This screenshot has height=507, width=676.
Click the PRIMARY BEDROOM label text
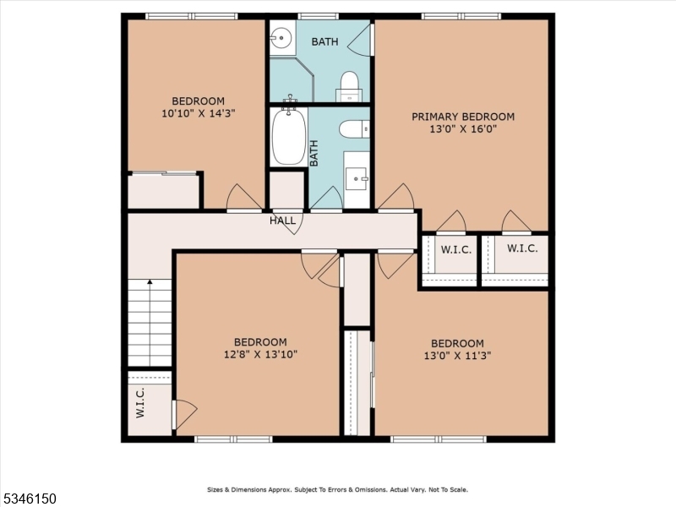click(x=462, y=117)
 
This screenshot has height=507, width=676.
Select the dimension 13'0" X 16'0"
click(x=462, y=129)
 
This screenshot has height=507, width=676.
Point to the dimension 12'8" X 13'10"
click(x=260, y=354)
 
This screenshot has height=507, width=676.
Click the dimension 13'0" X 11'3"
click(x=457, y=356)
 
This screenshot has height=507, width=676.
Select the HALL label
click(x=282, y=221)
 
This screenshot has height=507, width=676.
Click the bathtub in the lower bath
click(x=288, y=137)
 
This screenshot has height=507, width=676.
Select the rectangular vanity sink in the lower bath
click(x=357, y=178)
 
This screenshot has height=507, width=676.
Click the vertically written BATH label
click(x=314, y=153)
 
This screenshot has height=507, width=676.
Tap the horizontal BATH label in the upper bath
click(x=325, y=41)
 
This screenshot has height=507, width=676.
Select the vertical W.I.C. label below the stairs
click(x=140, y=403)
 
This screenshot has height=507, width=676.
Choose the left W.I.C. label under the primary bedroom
click(x=455, y=250)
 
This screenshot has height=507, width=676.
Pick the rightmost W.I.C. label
click(x=521, y=249)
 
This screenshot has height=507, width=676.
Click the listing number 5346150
click(x=29, y=499)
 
